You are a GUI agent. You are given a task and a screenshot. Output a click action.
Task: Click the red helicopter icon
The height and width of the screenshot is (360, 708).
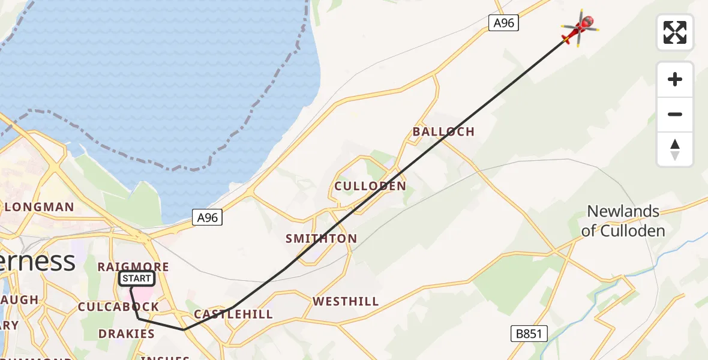pos(579,28)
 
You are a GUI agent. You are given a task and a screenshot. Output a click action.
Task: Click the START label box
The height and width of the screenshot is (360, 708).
pos(137,278)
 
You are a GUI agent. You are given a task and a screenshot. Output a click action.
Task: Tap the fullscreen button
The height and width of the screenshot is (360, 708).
pos(675,32)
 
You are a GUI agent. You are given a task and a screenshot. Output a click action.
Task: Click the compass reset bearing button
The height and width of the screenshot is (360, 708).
pos(675,149)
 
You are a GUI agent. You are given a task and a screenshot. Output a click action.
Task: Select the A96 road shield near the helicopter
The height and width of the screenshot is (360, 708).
pos(503,23)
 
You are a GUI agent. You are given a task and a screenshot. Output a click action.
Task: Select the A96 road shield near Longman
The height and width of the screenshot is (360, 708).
pos(208,218)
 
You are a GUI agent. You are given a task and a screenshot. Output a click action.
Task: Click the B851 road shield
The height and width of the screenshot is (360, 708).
pos(529,334)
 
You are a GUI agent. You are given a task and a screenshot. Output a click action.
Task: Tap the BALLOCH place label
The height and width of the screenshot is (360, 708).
pos(443,132)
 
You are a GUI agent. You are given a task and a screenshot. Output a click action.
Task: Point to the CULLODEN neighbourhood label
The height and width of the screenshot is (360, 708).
pos(370,186)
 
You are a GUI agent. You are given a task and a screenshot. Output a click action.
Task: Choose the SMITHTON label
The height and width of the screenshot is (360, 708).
pos(321,239)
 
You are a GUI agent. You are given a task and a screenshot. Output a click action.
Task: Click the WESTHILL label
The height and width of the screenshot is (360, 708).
pos(346,301)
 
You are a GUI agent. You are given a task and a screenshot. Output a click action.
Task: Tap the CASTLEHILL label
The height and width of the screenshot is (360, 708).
pos(233,314)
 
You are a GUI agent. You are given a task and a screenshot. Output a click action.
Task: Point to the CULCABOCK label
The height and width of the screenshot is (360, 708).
pos(119,307)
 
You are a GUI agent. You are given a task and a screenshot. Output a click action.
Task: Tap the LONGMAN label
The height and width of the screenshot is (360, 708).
pos(40,208)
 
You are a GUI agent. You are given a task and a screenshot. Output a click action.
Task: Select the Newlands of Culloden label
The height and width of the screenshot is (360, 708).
pos(623,220)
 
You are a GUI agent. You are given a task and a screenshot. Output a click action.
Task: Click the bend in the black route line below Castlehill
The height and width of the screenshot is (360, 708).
pos(184,329)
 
